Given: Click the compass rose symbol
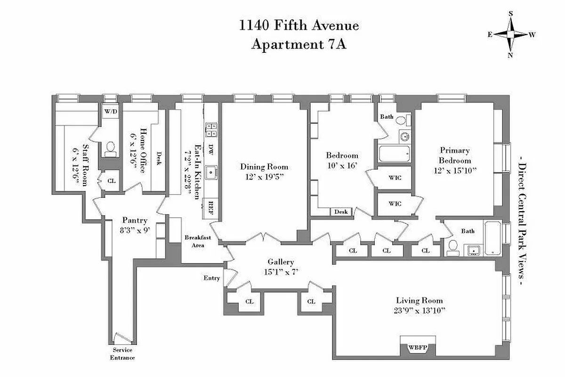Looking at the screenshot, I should tap(510, 34).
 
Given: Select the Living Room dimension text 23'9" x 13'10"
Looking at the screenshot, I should tap(419, 311).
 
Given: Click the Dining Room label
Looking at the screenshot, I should tap(264, 167).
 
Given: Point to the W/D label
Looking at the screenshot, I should tap(111, 112).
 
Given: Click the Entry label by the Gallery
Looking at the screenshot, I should tap(212, 278).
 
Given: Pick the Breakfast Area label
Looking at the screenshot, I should tap(197, 241).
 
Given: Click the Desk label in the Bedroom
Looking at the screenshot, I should tap(341, 212).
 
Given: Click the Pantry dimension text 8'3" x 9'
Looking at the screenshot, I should tap(135, 231).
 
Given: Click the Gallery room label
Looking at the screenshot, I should tap(281, 262).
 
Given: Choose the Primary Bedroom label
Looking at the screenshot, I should tap(454, 156).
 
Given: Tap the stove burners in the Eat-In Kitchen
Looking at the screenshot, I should tap(210, 129).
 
